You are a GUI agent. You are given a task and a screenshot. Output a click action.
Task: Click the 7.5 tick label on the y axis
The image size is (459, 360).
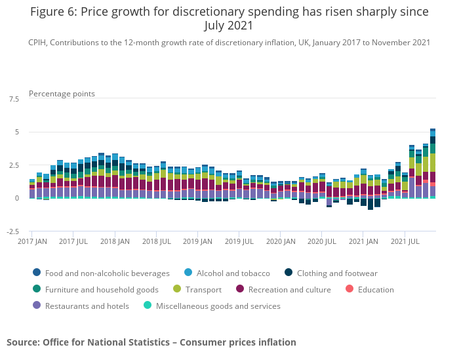[14, 99]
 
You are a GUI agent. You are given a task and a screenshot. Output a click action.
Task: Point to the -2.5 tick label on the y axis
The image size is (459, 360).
[12, 231]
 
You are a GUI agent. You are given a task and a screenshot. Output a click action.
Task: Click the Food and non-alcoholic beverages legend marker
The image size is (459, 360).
[36, 273]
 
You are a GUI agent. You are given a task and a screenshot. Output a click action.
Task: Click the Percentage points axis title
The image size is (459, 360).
[62, 94]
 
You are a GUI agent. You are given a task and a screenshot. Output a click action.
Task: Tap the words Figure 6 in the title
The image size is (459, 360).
[54, 12]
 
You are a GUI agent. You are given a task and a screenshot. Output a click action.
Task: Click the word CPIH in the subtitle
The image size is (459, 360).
[39, 43]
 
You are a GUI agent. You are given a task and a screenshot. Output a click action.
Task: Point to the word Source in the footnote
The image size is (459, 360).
[22, 342]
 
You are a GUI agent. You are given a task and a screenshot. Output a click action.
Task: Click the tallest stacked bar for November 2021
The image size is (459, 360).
[433, 164]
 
